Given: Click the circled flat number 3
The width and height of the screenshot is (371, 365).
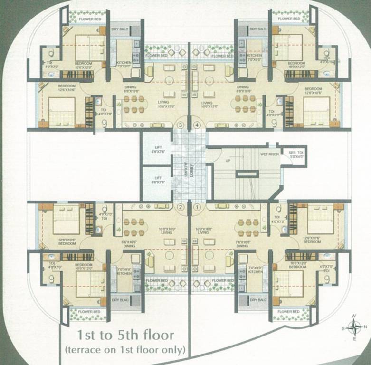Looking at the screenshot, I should pyautogui.click(x=180, y=125).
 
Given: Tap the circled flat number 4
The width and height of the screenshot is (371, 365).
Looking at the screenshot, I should pyautogui.click(x=197, y=125).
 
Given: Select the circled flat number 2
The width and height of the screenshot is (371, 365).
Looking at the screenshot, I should pyautogui.click(x=180, y=207).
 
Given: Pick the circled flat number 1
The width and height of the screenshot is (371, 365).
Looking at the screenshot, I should pyautogui.click(x=197, y=207).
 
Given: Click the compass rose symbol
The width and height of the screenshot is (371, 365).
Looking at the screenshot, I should pyautogui.click(x=354, y=327).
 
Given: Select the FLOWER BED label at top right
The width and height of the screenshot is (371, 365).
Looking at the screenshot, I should pyautogui.click(x=289, y=19).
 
